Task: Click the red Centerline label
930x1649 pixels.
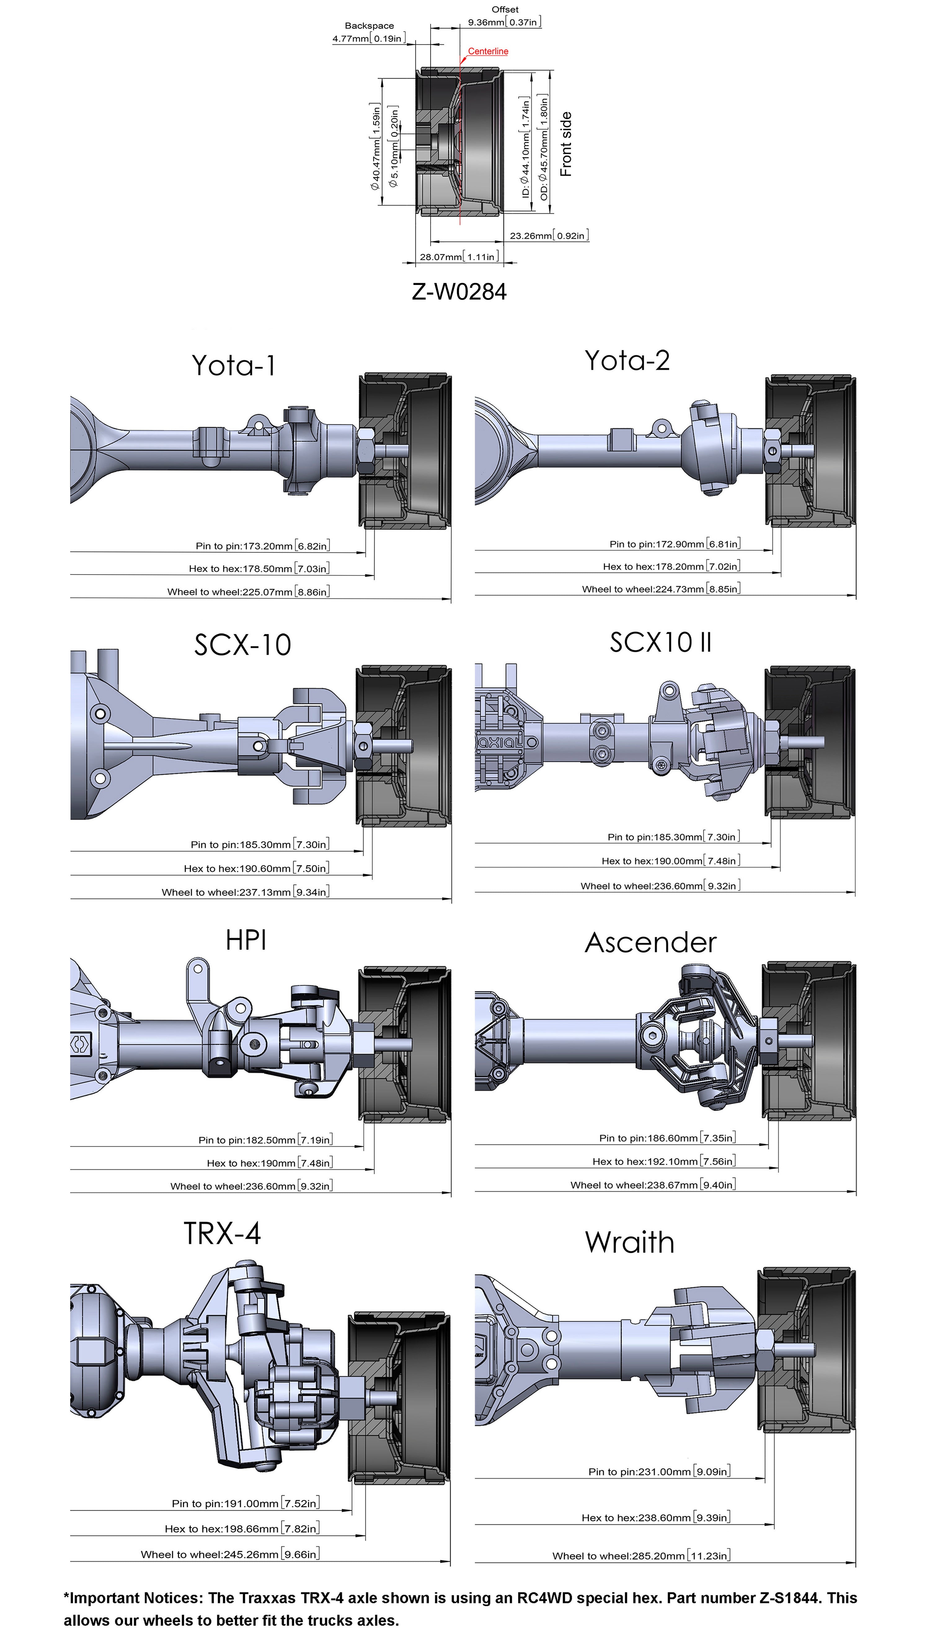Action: [x=488, y=51]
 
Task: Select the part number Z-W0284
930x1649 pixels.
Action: [x=459, y=292]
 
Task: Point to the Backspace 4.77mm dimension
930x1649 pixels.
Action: [x=369, y=32]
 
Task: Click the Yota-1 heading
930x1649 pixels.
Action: [x=234, y=365]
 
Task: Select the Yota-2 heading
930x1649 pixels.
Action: [x=627, y=361]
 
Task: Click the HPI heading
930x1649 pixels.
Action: [x=246, y=940]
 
